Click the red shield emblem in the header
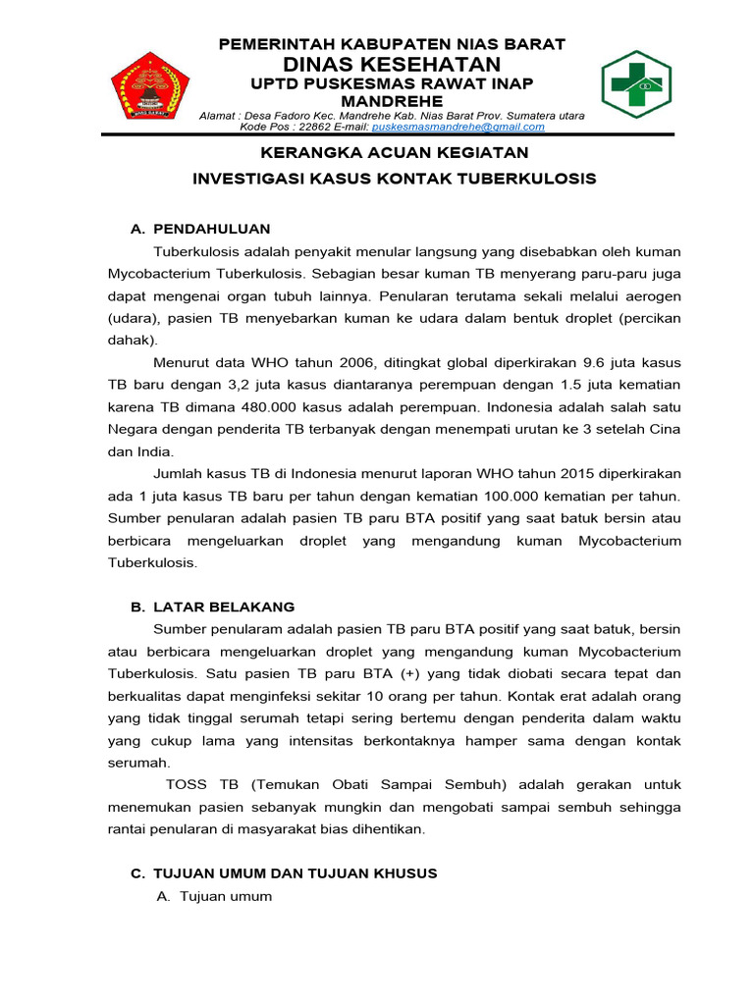click(x=143, y=86)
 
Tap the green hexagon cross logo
click(x=636, y=85)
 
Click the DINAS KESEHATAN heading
click(x=392, y=64)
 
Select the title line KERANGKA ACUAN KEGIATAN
click(x=393, y=153)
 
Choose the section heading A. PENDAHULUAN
click(x=200, y=229)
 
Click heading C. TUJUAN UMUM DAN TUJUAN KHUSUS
click(x=284, y=873)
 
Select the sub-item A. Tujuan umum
click(x=214, y=897)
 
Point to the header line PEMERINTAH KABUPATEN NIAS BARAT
click(x=392, y=43)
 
